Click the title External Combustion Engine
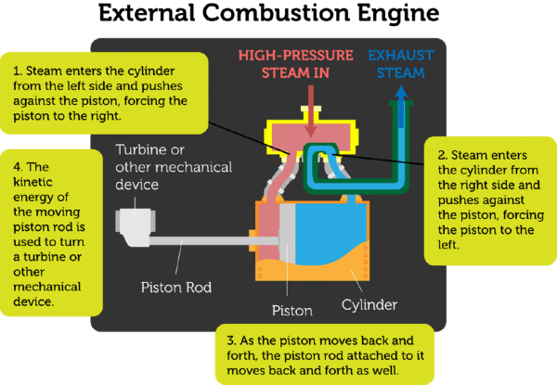click(x=278, y=15)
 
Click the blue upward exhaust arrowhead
click(x=400, y=92)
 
